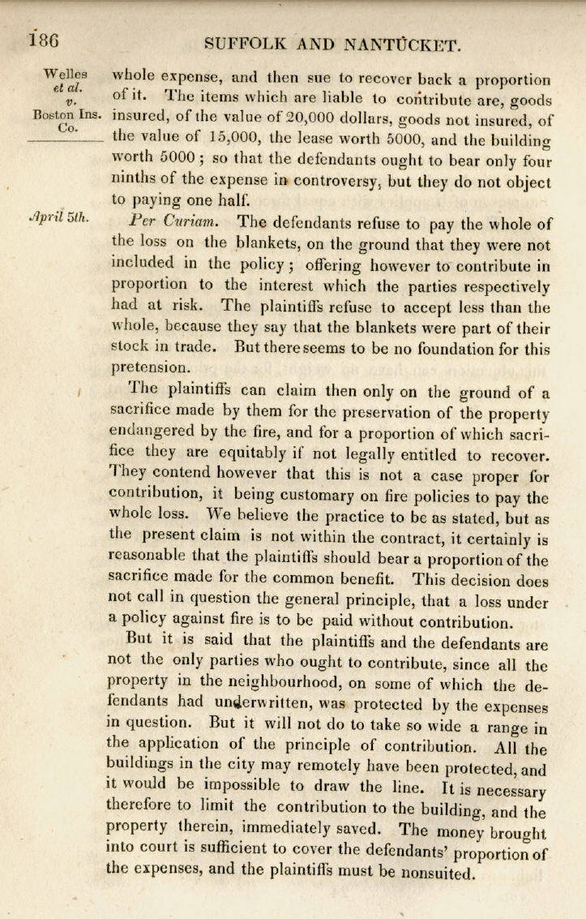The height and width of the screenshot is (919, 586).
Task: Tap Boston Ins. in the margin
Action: [x=67, y=115]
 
